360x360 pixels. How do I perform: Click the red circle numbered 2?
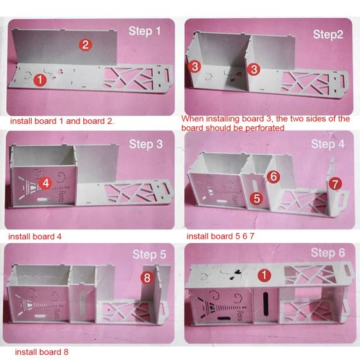click(x=85, y=45)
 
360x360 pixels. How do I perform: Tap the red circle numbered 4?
click(x=45, y=183)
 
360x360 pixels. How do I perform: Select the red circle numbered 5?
click(x=256, y=198)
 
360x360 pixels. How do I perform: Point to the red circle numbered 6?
click(x=273, y=177)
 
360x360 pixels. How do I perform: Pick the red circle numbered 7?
click(x=335, y=184)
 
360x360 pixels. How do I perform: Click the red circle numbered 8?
click(x=147, y=277)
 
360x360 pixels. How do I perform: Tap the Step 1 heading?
click(x=145, y=31)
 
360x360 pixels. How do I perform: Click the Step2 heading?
click(x=328, y=35)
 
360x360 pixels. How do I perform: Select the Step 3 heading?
click(x=146, y=144)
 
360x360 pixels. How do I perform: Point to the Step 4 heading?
click(x=328, y=144)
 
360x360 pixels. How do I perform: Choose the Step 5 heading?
click(x=149, y=255)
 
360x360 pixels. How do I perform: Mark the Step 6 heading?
click(x=328, y=253)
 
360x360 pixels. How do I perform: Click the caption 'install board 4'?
click(x=35, y=236)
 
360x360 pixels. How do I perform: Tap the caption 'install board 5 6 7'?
click(x=220, y=236)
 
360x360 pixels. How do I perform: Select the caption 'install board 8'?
click(x=42, y=352)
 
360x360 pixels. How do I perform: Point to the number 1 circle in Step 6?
click(x=264, y=275)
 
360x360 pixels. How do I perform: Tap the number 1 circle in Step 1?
click(x=40, y=80)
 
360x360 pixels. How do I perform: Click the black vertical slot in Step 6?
click(x=266, y=304)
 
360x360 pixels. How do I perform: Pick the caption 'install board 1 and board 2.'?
click(x=62, y=121)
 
